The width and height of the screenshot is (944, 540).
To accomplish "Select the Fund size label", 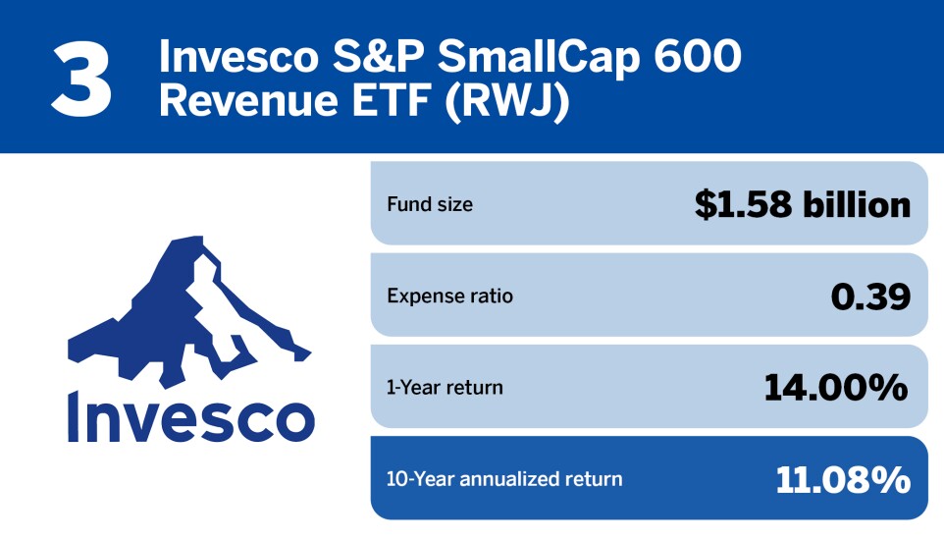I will pyautogui.click(x=430, y=205).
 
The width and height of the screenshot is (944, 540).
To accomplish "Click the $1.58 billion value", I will pyautogui.click(x=802, y=204).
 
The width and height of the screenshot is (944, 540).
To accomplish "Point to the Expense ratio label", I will pyautogui.click(x=449, y=297).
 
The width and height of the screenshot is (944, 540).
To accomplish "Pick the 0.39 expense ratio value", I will pyautogui.click(x=869, y=296).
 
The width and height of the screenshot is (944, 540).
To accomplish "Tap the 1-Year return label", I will pyautogui.click(x=445, y=388).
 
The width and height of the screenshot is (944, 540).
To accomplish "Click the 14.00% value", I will pyautogui.click(x=836, y=387).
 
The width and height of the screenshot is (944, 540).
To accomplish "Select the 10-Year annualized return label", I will pyautogui.click(x=504, y=479).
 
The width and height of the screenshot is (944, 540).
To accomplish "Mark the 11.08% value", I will pyautogui.click(x=843, y=479).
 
